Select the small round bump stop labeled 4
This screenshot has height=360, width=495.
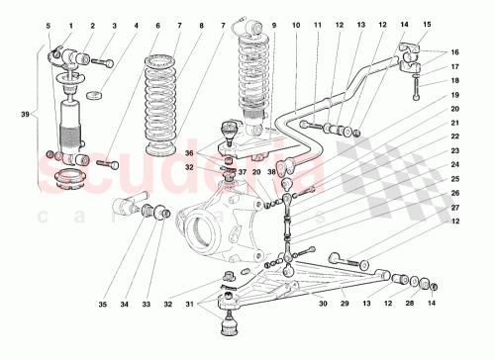[96, 96]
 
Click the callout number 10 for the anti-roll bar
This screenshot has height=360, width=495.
[295, 24]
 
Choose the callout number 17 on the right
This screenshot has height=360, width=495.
[454, 67]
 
